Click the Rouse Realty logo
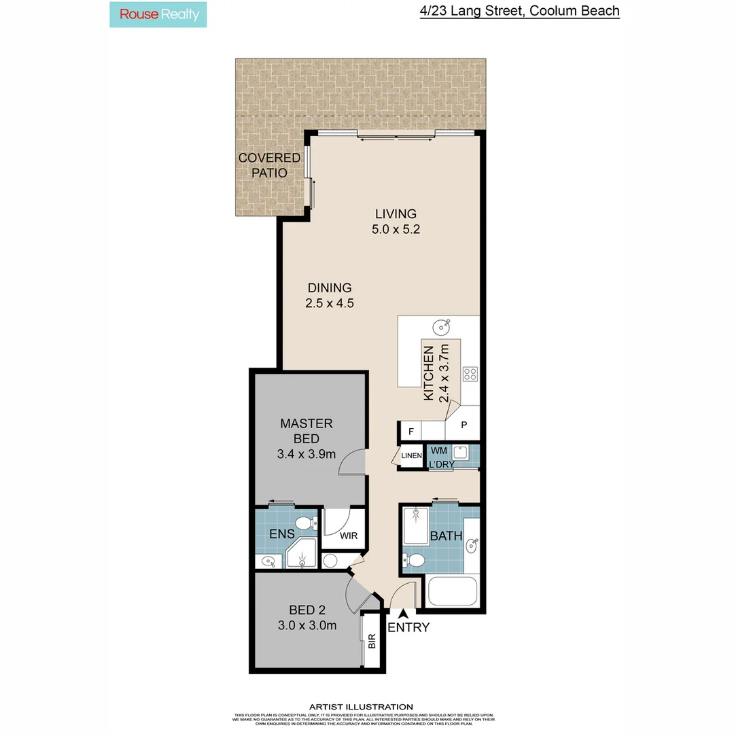[x=158, y=14]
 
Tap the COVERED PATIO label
[x=269, y=165]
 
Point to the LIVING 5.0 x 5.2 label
[x=396, y=222]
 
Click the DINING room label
[x=330, y=295]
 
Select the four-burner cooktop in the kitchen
[x=470, y=373]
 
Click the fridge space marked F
[x=410, y=431]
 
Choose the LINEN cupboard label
[x=411, y=455]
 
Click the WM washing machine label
[x=438, y=450]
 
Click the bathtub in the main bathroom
[x=452, y=591]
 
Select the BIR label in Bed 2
[x=372, y=641]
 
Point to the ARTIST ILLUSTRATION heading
[x=361, y=707]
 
